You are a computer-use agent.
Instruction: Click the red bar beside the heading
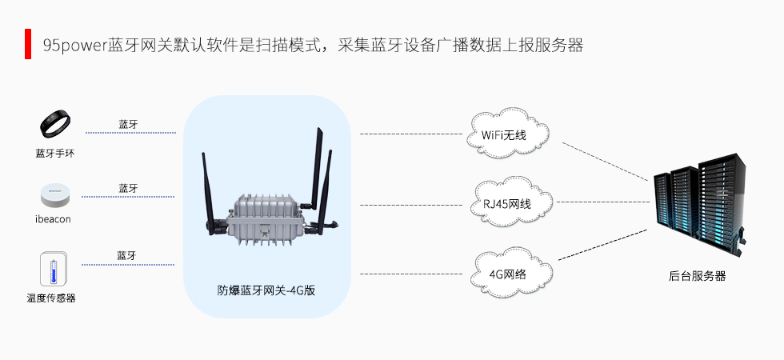pyautogui.click(x=27, y=44)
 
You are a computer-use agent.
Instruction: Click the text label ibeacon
pyautogui.click(x=54, y=219)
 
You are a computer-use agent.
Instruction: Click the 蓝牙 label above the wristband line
pyautogui.click(x=128, y=124)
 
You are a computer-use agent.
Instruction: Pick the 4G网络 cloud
pyautogui.click(x=509, y=273)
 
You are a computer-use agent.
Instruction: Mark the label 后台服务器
pyautogui.click(x=697, y=276)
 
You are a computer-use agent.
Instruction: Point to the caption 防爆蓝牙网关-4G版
pyautogui.click(x=266, y=290)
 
